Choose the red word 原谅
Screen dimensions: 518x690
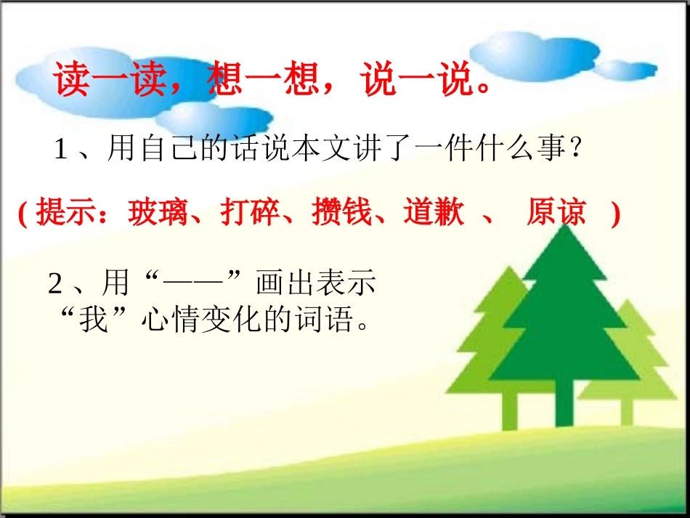tap(556, 214)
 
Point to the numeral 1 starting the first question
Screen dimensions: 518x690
tap(61, 151)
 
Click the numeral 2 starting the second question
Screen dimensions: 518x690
tap(55, 284)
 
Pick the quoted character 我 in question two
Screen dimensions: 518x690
tap(94, 320)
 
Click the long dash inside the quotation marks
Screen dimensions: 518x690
tap(195, 284)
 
